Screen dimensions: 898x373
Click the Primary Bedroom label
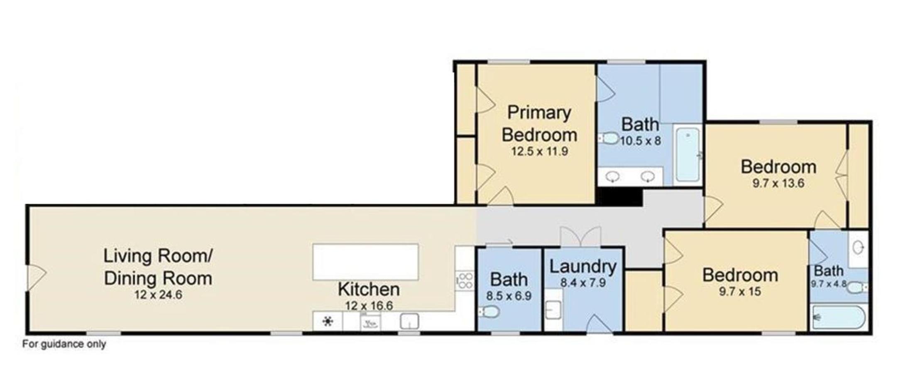(539, 124)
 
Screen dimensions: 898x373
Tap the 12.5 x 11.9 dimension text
(539, 151)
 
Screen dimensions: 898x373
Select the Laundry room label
(583, 266)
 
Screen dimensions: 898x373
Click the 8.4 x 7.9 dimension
(583, 283)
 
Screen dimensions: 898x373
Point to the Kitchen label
(369, 289)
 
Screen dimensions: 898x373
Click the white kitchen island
(365, 262)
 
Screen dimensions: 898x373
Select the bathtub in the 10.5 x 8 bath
(688, 154)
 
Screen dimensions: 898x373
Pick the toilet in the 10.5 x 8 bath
(609, 138)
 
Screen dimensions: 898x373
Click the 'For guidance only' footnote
(64, 344)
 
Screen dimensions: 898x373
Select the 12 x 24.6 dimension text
(158, 295)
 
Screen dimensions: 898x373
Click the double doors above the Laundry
(580, 237)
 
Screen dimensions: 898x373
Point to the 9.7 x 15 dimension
(740, 292)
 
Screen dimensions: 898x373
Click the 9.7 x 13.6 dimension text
(778, 183)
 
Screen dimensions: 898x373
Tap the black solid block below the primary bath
(619, 196)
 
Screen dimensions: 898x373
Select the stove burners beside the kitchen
(465, 280)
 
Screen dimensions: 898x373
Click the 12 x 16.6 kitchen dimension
(369, 306)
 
